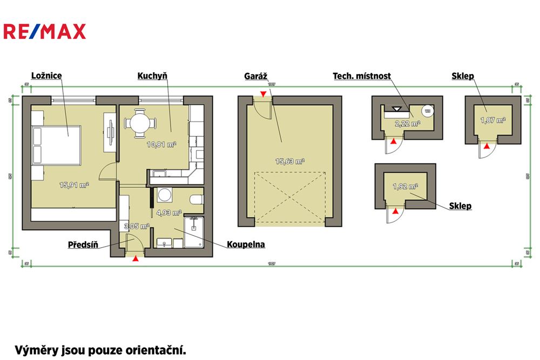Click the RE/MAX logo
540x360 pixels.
pyautogui.click(x=44, y=32)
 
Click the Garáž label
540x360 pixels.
pyautogui.click(x=257, y=76)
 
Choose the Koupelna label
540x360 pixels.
pyautogui.click(x=247, y=244)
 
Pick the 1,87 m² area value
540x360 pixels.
pyautogui.click(x=492, y=120)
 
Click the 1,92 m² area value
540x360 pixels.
pyautogui.click(x=405, y=187)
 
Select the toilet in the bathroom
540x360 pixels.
pyautogui.click(x=197, y=200)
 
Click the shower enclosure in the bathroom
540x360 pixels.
pyautogui.click(x=193, y=232)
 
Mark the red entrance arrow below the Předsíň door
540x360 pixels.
pyautogui.click(x=135, y=259)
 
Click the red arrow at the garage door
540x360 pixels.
pyautogui.click(x=263, y=95)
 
